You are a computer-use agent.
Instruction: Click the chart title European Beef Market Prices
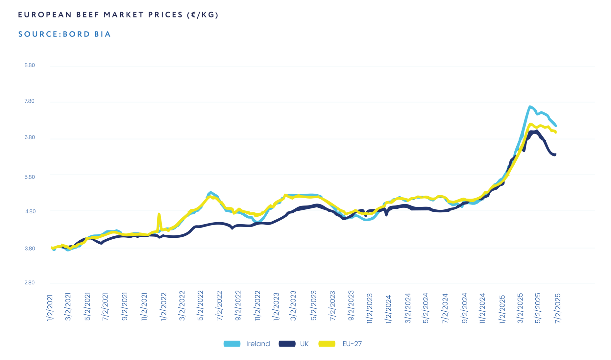tap(118, 15)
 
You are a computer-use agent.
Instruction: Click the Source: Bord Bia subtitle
tap(64, 34)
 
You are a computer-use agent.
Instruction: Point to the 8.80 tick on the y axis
tap(30, 65)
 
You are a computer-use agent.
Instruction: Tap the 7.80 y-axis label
tap(30, 101)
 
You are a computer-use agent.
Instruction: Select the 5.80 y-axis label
tap(30, 177)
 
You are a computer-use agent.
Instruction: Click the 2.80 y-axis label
tap(30, 283)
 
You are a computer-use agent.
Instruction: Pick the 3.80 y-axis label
tap(30, 249)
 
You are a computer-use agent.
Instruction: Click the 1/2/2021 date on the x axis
tap(50, 308)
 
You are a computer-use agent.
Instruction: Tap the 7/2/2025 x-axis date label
tap(558, 308)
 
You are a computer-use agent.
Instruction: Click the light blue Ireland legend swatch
tap(232, 344)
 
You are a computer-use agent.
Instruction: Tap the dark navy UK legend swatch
tap(287, 344)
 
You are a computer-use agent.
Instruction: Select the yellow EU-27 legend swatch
tap(327, 344)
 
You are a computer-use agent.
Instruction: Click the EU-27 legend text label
tap(352, 344)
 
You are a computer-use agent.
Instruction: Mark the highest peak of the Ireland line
tap(530, 107)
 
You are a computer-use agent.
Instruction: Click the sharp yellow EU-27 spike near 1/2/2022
tap(159, 214)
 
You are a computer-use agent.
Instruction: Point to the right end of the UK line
tap(555, 155)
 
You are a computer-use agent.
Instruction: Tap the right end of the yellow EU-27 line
tap(555, 132)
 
